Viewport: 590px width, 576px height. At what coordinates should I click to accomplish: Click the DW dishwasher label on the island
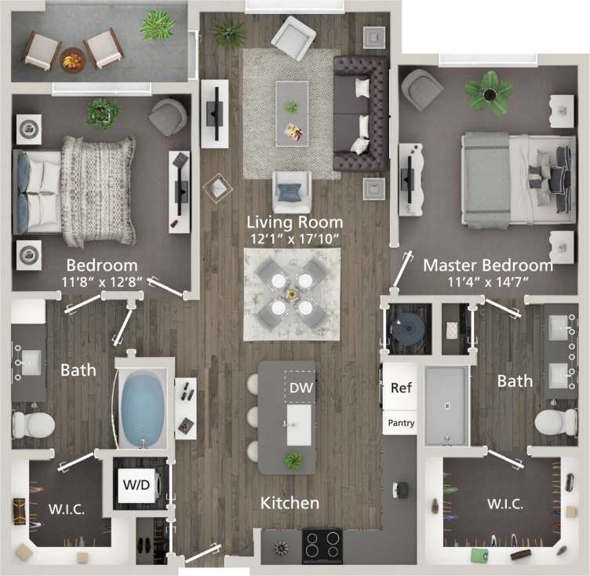pos(299,387)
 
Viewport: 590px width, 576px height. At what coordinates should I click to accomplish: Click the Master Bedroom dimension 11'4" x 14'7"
pos(488,283)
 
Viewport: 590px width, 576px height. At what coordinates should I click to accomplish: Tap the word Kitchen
pos(290,502)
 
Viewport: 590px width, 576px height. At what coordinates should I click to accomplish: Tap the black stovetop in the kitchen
pos(322,543)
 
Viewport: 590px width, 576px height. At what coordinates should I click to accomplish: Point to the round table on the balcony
pos(72,57)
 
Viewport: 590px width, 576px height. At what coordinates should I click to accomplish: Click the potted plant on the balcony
pos(158,26)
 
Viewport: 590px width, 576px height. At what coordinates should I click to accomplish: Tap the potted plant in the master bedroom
pos(488,91)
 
